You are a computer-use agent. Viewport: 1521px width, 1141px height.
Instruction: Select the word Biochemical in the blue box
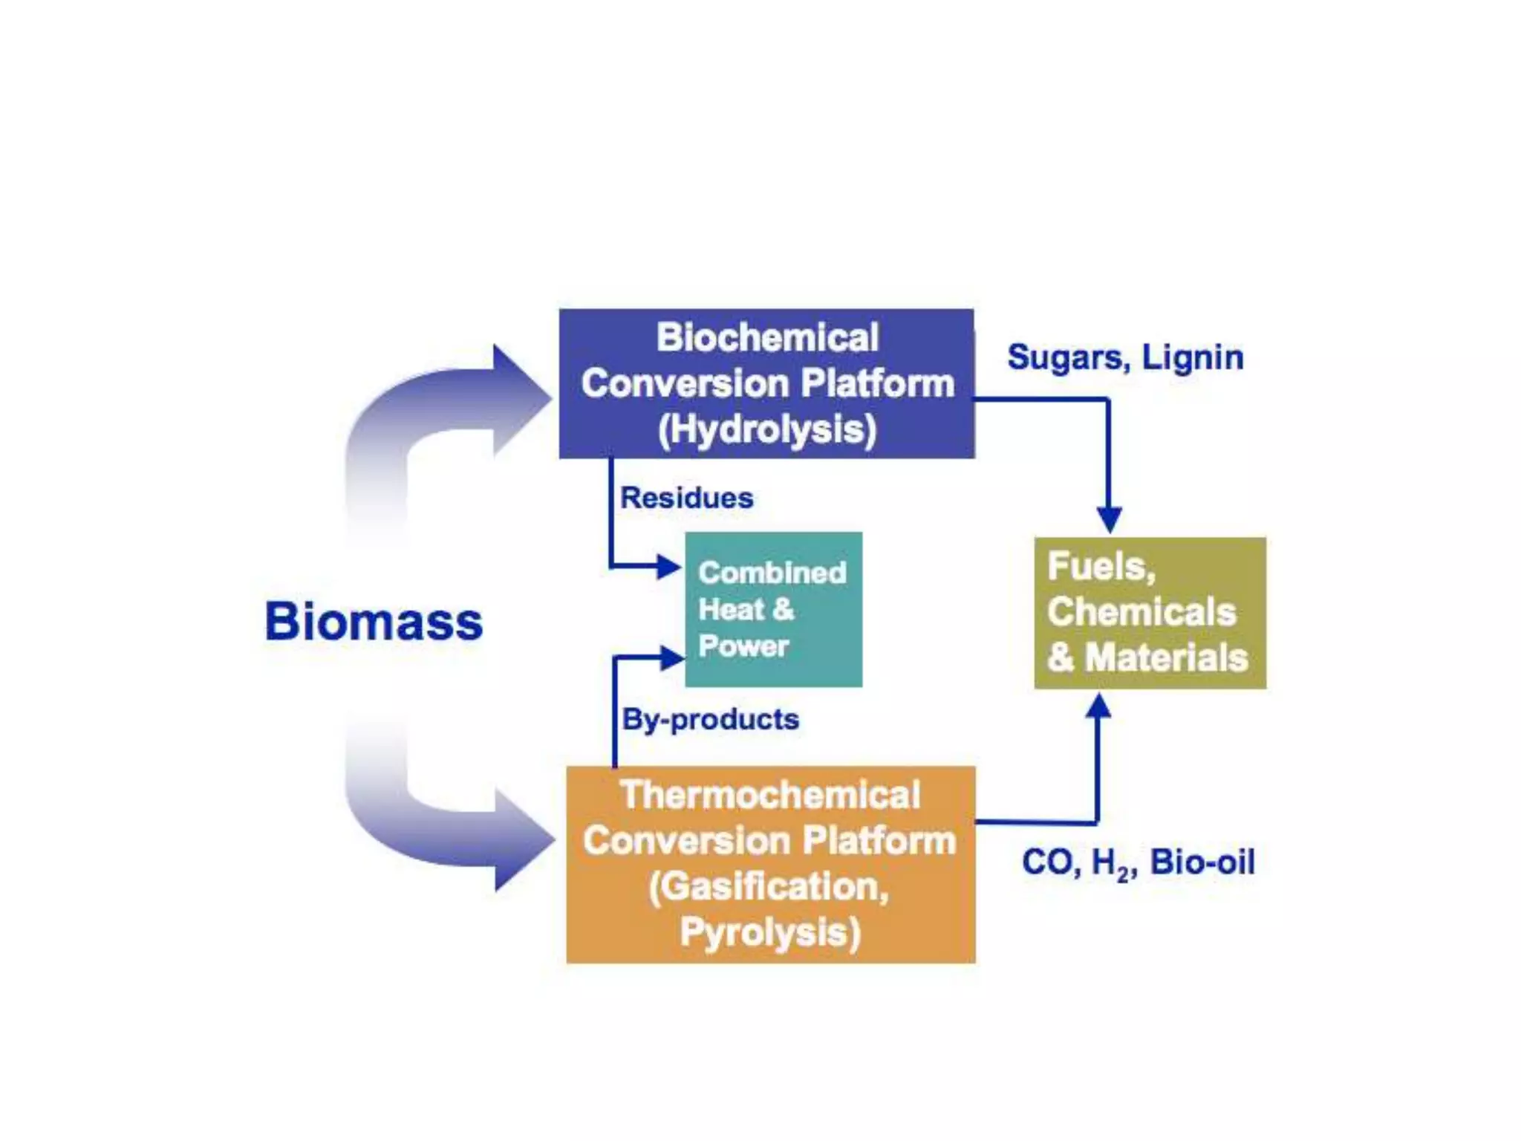click(x=767, y=337)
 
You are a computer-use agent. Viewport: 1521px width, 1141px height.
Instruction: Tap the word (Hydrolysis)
click(x=767, y=429)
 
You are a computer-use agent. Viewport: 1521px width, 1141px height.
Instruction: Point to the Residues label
click(x=686, y=498)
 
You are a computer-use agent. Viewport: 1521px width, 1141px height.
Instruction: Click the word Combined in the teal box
click(x=772, y=572)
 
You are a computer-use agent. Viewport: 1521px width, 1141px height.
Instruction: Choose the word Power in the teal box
click(x=743, y=646)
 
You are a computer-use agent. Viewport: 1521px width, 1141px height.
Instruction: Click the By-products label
click(x=710, y=719)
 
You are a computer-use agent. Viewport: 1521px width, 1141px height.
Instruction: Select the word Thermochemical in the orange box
click(x=770, y=794)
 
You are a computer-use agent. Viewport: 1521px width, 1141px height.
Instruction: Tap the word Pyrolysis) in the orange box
click(x=770, y=932)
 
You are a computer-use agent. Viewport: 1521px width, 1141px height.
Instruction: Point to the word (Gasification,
click(x=769, y=886)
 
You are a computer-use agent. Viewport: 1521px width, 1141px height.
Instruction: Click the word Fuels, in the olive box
click(x=1101, y=567)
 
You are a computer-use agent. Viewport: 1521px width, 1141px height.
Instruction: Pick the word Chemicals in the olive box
click(x=1141, y=612)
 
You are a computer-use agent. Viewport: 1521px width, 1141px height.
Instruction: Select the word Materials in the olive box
click(x=1166, y=658)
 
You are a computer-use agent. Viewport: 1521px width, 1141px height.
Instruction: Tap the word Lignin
click(x=1192, y=357)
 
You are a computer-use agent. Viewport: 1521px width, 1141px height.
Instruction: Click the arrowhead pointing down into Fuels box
click(x=1109, y=519)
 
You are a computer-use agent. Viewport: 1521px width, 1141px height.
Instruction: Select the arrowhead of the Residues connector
click(x=668, y=567)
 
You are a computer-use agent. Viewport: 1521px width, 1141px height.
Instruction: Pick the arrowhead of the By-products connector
click(x=671, y=657)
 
